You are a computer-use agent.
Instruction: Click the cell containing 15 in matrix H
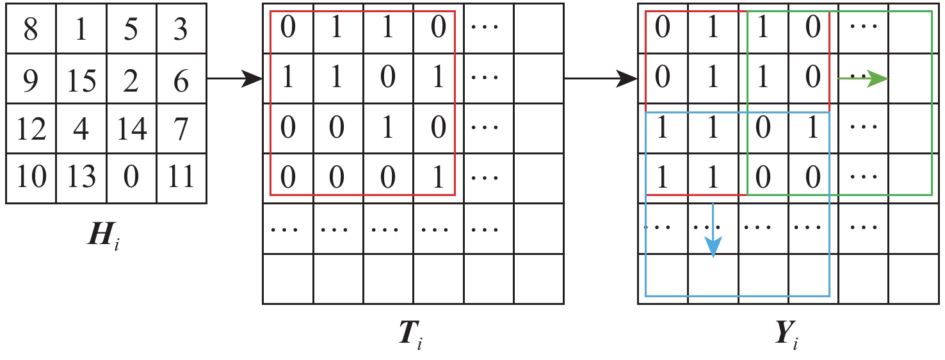(x=81, y=80)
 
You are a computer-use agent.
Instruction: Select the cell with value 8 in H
(x=31, y=30)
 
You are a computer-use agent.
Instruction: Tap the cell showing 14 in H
(x=131, y=129)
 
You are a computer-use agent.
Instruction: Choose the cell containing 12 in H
(x=31, y=129)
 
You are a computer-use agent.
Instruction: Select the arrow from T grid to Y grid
(x=601, y=79)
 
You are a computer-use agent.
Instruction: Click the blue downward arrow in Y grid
(x=713, y=231)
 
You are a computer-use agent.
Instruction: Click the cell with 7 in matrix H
(x=181, y=129)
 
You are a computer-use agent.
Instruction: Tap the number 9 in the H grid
(x=31, y=80)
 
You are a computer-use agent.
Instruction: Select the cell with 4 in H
(x=81, y=129)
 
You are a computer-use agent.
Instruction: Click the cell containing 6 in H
(x=181, y=80)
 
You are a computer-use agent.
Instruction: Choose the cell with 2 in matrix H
(x=131, y=80)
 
